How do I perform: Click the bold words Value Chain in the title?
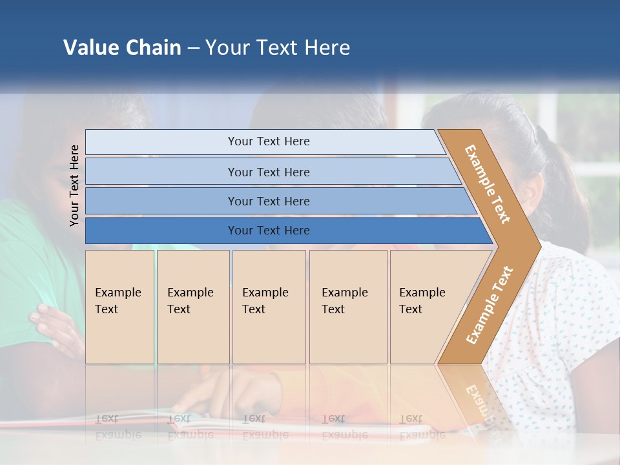click(x=122, y=48)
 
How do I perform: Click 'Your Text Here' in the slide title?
click(x=278, y=48)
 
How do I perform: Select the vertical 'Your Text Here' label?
click(x=74, y=185)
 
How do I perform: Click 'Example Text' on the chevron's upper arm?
click(x=488, y=184)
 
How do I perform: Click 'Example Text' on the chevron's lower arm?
click(x=490, y=305)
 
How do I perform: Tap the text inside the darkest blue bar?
click(x=269, y=231)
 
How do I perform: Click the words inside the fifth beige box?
click(x=422, y=301)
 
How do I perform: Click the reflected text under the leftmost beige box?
click(x=118, y=427)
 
